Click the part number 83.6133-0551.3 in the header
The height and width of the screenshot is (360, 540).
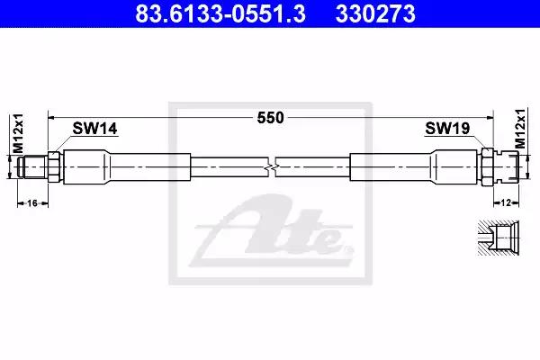pos(220,13)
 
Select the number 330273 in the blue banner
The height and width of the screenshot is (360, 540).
pos(375,13)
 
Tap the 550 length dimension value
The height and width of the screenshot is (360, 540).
pos(271,118)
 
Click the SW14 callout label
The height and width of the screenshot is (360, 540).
pos(94,128)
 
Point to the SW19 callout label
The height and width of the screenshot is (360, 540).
pos(447,128)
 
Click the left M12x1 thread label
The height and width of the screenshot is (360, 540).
pos(18,133)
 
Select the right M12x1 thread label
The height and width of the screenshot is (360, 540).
pos(520,129)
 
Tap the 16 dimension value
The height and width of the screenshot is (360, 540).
pos(32,203)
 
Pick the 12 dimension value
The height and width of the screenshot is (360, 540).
pos(506,202)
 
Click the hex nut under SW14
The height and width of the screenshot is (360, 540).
pos(54,166)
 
